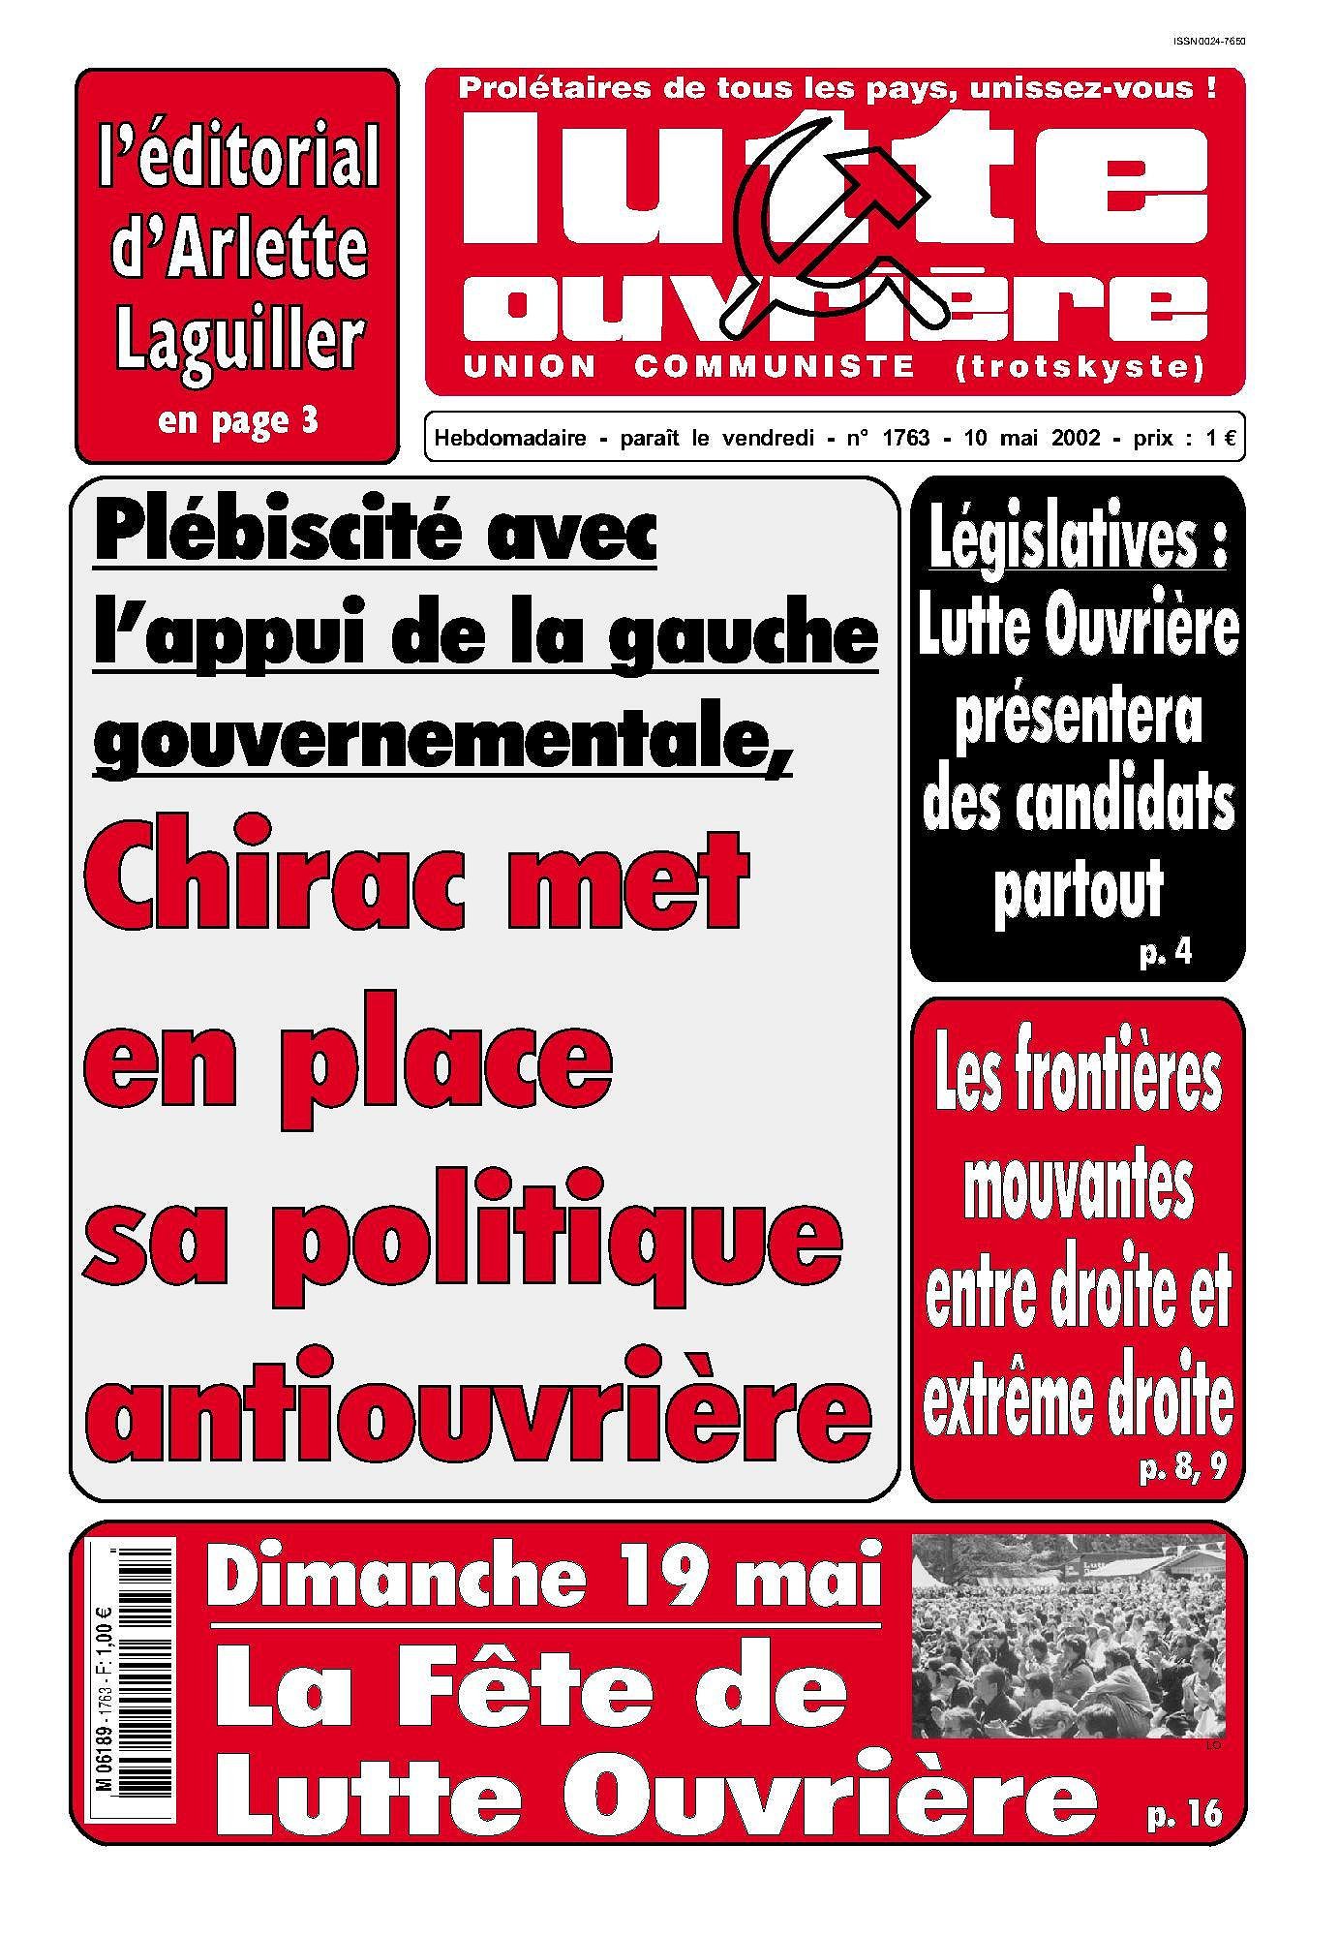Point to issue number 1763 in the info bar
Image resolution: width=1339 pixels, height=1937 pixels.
click(905, 439)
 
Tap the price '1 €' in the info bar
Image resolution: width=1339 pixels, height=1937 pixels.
click(1221, 439)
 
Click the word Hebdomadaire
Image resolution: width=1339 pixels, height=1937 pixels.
click(510, 439)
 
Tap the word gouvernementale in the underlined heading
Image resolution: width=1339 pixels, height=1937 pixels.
click(441, 744)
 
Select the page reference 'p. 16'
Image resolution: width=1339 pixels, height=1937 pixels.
click(1183, 1812)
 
